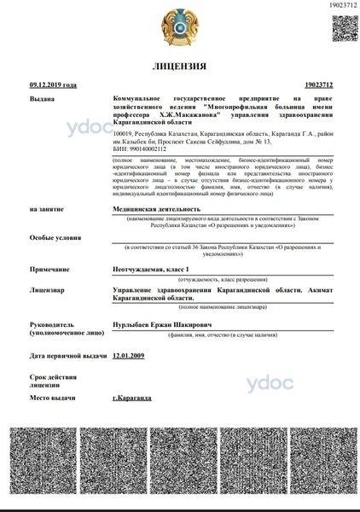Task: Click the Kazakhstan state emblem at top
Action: (x=179, y=25)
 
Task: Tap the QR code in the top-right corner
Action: (x=342, y=26)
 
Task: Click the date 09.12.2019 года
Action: (x=53, y=85)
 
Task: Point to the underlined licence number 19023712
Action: (x=317, y=85)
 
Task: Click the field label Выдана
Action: (x=42, y=99)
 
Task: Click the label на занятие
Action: (x=46, y=208)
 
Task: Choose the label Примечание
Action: (x=49, y=270)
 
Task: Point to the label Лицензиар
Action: (x=47, y=290)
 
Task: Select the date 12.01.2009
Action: (x=129, y=355)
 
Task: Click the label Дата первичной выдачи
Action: (x=67, y=356)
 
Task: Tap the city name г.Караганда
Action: (x=132, y=398)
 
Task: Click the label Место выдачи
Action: (x=52, y=398)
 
